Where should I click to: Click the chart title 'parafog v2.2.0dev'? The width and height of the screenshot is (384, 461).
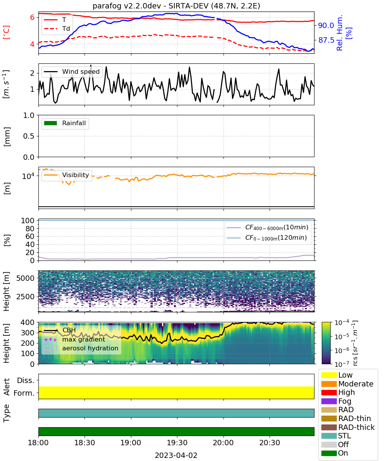click(127, 6)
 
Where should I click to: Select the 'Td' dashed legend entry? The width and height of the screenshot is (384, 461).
click(57, 28)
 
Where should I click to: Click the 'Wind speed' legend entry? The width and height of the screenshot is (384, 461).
click(72, 71)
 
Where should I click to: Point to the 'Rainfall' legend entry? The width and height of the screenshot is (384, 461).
click(65, 123)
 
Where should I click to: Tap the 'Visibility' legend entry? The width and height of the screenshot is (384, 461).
click(66, 175)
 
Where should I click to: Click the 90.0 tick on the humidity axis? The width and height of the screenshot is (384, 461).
click(326, 26)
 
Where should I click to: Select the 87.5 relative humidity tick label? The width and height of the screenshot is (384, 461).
click(326, 40)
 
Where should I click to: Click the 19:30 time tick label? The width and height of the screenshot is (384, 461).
click(177, 443)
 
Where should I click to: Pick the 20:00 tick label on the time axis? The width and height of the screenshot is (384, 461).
click(223, 443)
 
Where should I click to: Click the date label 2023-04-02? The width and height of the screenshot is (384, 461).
click(176, 455)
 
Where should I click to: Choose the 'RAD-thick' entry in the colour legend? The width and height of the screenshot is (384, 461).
click(348, 427)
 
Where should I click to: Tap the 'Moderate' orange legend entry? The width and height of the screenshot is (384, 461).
click(347, 384)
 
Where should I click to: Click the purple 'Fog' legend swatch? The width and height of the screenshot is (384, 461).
click(329, 401)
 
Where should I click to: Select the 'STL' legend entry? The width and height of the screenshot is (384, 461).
click(336, 436)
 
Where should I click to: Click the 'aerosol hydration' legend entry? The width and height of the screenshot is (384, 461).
click(81, 348)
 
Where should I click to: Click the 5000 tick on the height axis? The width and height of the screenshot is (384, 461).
click(25, 278)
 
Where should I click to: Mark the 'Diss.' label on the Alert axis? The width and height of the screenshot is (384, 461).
click(26, 380)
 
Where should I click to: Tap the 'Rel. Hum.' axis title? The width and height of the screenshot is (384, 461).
click(339, 33)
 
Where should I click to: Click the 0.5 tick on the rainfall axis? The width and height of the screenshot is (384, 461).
click(29, 136)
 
